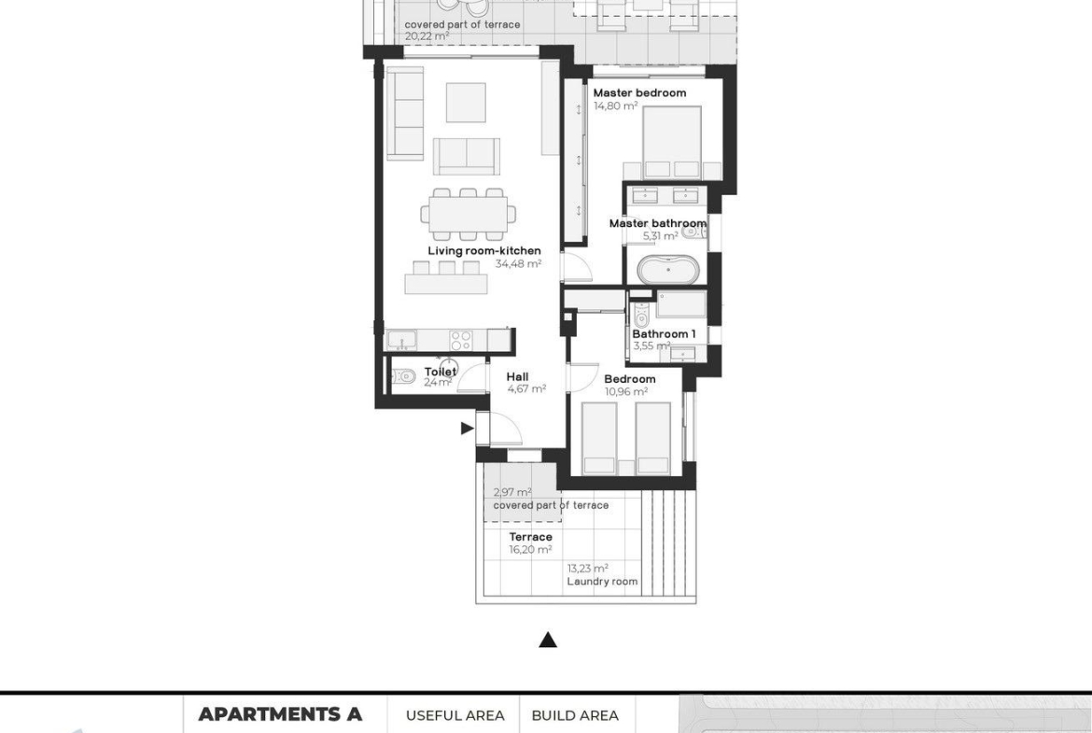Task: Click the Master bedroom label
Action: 639,92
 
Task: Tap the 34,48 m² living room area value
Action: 518,264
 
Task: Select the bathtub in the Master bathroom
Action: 668,270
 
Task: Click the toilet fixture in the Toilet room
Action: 403,377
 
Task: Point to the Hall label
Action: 517,377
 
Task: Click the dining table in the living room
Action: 468,215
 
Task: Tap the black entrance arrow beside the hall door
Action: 468,429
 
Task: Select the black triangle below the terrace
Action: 548,640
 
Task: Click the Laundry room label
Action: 602,581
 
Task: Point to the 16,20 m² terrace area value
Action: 531,550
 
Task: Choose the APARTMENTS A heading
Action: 280,714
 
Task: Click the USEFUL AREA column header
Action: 455,715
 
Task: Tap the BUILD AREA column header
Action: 575,715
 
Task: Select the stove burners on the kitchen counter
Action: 460,340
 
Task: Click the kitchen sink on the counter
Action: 402,339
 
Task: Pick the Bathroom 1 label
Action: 664,333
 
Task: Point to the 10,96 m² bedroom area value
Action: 626,391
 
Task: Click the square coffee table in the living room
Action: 466,103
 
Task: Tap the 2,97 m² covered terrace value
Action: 512,493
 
